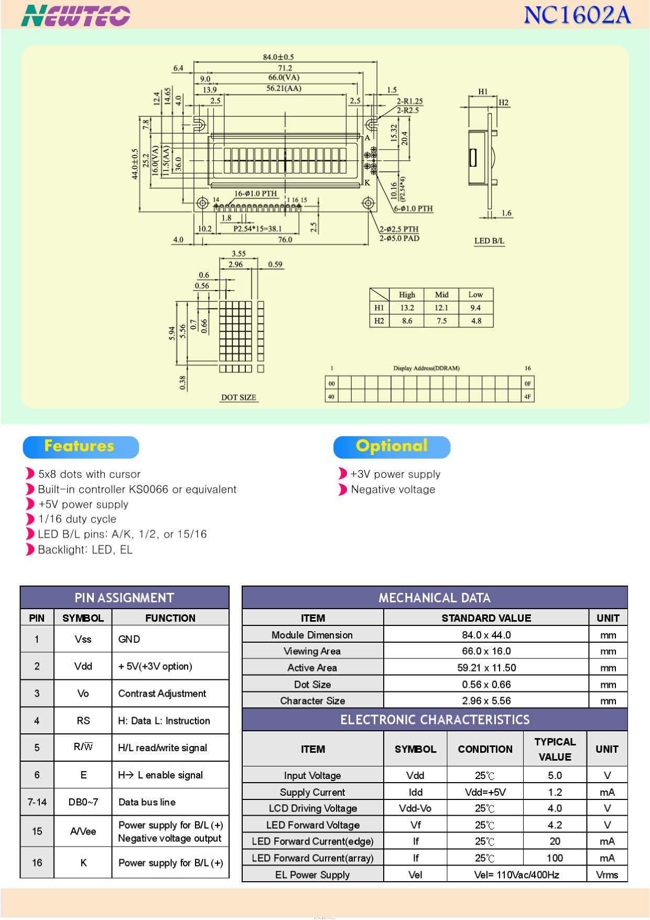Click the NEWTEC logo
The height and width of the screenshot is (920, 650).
[x=75, y=15]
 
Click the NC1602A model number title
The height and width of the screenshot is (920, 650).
[x=577, y=15]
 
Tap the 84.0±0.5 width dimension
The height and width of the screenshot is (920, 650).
[x=278, y=57]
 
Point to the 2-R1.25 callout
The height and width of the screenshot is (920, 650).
[x=409, y=101]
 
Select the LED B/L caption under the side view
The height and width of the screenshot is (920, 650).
[x=489, y=241]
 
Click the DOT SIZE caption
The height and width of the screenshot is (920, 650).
[x=239, y=397]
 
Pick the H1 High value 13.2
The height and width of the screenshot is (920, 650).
[x=407, y=308]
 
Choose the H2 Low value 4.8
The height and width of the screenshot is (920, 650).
[x=476, y=321]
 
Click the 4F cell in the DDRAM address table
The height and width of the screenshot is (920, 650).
[x=527, y=397]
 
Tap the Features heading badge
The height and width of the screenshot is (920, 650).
[x=81, y=447]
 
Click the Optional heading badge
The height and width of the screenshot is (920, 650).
[x=392, y=447]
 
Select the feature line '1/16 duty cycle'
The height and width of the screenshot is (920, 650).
[x=78, y=519]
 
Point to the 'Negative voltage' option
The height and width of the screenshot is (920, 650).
[x=393, y=490]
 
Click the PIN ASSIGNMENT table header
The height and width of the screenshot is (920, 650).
[x=125, y=598]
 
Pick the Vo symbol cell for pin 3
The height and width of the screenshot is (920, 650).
[x=83, y=694]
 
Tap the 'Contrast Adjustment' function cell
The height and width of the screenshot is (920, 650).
[x=162, y=694]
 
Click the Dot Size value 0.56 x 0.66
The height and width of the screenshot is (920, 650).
[x=486, y=685]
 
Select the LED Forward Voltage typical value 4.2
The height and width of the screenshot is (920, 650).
[x=555, y=825]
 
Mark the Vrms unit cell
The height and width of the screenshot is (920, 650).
[x=607, y=875]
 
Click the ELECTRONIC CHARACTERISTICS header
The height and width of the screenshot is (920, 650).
[x=435, y=720]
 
